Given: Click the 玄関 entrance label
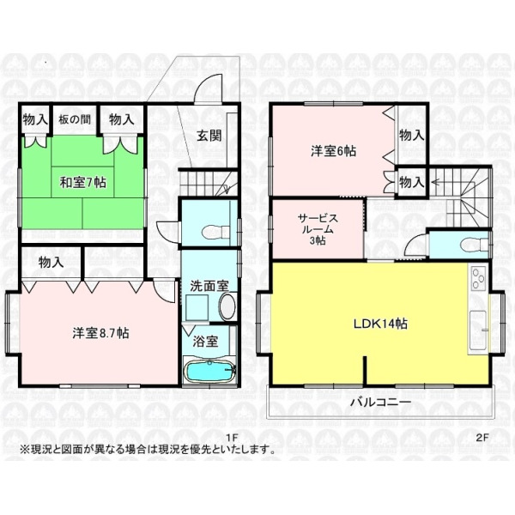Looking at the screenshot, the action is tap(209, 136).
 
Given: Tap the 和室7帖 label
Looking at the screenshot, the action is tap(82, 182).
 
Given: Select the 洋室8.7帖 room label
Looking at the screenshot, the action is tap(100, 333).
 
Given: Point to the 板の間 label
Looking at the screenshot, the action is tap(75, 119).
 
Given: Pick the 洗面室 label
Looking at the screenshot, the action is tap(209, 286).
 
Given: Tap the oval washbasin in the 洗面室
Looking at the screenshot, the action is tap(227, 306).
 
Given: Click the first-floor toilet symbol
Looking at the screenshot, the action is tap(215, 233).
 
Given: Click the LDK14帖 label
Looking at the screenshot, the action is tap(380, 324).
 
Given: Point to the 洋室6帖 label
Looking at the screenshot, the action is tap(333, 151).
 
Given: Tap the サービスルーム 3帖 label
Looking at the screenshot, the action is tap(318, 229).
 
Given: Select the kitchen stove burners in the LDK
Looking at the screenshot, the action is tap(478, 278).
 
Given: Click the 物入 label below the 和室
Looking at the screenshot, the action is tap(51, 262).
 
